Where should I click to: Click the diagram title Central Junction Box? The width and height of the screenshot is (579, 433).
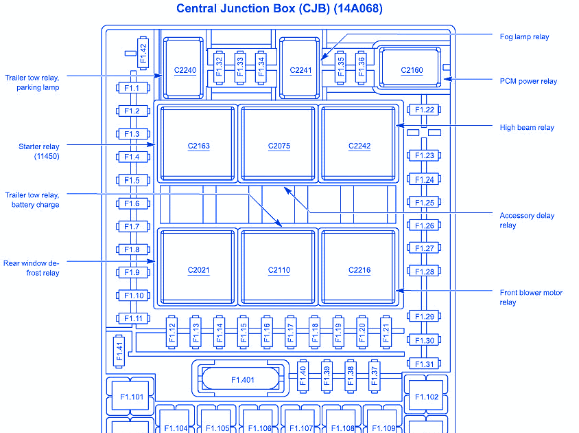click(279, 9)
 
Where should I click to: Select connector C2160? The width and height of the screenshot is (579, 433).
click(412, 69)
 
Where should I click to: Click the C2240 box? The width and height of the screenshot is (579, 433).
click(185, 69)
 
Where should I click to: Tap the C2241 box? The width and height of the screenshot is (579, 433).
click(300, 69)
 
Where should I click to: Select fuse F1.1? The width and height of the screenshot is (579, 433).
click(132, 88)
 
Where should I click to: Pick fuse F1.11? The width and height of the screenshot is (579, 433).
click(132, 318)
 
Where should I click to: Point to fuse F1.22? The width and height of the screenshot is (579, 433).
click(425, 110)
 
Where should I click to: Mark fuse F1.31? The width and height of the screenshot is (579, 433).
click(425, 364)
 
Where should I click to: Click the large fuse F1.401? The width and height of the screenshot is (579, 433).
click(242, 379)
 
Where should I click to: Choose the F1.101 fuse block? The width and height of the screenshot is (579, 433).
click(132, 397)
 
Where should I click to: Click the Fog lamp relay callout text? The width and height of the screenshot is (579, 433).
click(524, 36)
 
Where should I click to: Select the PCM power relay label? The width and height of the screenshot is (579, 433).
click(528, 81)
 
